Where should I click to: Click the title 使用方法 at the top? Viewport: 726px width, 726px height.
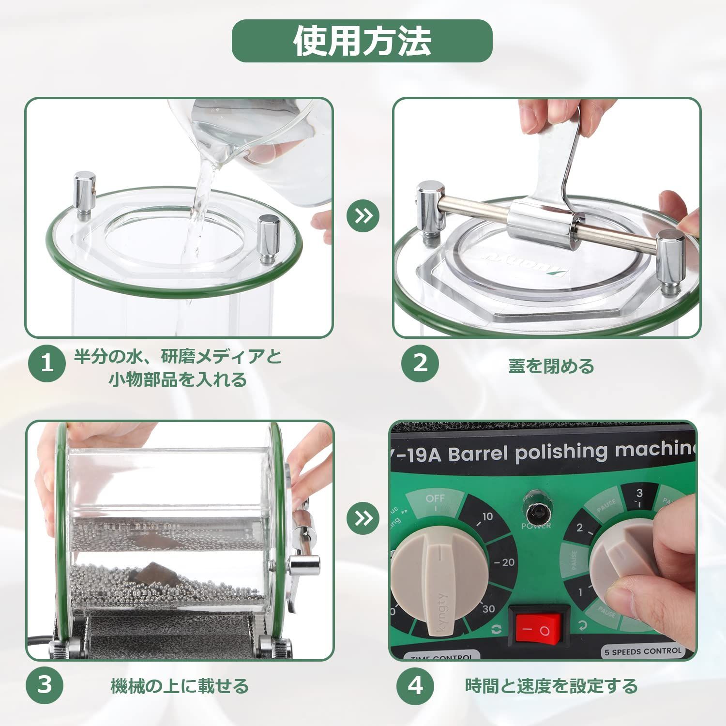click(362, 41)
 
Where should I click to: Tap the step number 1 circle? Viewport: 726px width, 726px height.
click(47, 363)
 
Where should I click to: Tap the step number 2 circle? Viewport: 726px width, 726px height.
click(420, 363)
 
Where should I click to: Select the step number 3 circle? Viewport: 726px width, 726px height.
click(45, 685)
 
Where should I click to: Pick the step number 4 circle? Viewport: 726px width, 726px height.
click(415, 685)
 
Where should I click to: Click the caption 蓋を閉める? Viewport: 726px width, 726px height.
click(551, 366)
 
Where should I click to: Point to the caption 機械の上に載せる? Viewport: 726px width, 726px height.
click(180, 686)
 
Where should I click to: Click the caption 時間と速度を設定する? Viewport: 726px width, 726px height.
click(551, 686)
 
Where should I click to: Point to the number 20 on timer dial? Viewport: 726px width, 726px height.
click(506, 562)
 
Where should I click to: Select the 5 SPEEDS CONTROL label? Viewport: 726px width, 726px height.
click(643, 651)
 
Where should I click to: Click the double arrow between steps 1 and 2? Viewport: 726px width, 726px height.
click(363, 216)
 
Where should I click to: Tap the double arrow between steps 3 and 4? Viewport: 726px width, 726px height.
click(363, 518)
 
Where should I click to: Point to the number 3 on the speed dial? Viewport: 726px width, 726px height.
click(639, 494)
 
